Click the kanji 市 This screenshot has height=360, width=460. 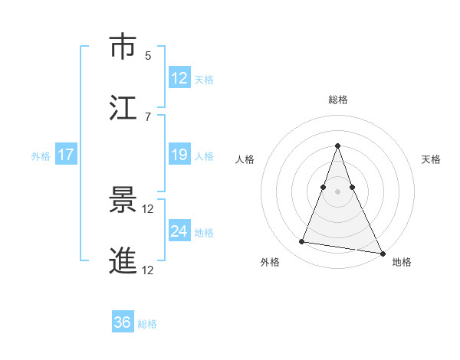pos(123,47)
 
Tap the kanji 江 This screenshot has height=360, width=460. pos(123,107)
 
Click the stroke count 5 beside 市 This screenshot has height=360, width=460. pos(148,55)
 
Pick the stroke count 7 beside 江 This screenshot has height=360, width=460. pos(148,116)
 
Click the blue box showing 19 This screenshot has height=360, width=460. pos(179,155)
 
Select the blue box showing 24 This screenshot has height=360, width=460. pos(179,231)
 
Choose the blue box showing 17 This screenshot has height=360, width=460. pos(65,155)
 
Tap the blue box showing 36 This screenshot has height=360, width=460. pos(122,322)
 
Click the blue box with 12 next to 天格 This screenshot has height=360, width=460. pos(179,78)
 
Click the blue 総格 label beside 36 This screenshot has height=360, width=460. pos(147,324)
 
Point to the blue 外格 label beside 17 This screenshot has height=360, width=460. pos(41,156)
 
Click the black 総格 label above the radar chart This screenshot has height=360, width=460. pos(338,100)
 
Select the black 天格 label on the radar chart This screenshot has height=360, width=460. pos(431,159)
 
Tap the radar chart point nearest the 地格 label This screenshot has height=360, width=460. pos(382,252)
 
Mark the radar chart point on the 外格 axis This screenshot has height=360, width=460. pos(302,242)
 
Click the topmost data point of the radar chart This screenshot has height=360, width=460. pos(338,146)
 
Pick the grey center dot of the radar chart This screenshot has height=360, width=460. pos(338,191)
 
